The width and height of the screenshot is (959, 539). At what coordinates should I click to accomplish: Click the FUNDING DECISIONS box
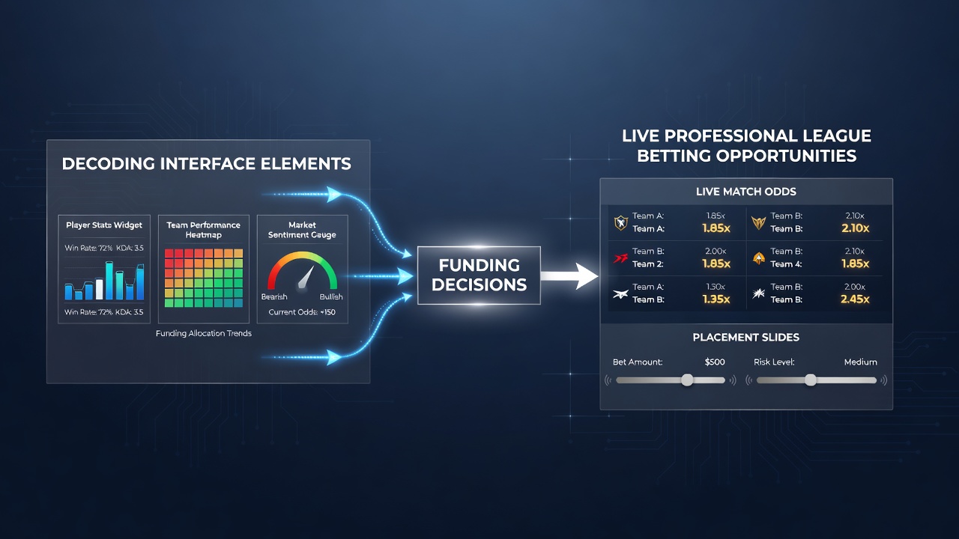479,275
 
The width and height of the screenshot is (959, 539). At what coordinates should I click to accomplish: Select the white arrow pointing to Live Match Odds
569,276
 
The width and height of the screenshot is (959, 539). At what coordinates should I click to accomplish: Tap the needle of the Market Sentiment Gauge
306,277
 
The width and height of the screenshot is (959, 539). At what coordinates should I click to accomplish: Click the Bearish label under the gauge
274,297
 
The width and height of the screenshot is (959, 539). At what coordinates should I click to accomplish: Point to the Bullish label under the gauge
331,297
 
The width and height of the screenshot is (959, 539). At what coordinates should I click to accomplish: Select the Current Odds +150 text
302,312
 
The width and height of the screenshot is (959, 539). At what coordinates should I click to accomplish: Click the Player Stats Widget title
104,225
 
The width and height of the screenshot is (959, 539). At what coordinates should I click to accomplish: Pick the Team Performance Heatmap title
203,230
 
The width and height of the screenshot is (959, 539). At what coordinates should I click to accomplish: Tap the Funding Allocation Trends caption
203,333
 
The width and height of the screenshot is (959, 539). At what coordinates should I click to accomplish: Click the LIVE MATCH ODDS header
746,192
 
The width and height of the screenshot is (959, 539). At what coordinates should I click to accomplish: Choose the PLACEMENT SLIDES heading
745,338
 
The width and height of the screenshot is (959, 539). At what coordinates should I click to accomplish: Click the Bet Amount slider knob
687,380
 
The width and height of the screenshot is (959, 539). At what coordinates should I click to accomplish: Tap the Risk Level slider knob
810,380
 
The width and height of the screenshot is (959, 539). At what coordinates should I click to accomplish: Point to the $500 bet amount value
715,362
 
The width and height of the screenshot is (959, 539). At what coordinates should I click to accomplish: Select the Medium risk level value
861,362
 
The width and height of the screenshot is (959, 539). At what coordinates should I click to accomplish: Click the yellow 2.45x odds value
855,299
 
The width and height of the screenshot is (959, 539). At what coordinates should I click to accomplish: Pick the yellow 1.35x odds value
716,299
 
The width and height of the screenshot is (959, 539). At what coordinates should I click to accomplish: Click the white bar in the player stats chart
100,289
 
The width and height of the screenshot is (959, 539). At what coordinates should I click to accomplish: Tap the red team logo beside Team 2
620,258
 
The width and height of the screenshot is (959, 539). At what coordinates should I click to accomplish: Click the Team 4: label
786,264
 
